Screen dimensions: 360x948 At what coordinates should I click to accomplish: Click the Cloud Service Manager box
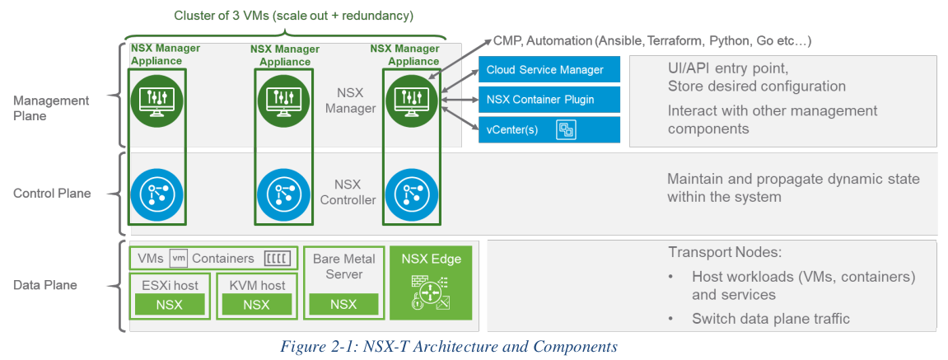point(549,70)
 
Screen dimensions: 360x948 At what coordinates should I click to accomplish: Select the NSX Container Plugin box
point(549,101)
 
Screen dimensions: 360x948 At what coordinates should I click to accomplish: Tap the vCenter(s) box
point(549,129)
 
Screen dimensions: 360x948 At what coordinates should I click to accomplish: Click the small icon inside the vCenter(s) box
point(567,129)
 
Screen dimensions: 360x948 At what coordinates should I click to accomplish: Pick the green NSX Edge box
point(431,282)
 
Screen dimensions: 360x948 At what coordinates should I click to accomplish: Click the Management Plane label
point(51,108)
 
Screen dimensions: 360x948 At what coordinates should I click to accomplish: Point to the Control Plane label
point(52,194)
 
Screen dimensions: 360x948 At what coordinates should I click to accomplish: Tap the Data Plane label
point(45,285)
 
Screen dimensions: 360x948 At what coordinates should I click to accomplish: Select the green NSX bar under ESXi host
point(170,304)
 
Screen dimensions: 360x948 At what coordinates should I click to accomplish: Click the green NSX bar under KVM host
point(256,304)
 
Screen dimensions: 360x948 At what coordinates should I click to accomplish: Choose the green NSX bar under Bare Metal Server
point(343,304)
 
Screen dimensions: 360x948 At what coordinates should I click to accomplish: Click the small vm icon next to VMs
point(179,258)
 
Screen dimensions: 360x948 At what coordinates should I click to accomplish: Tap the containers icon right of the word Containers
point(277,258)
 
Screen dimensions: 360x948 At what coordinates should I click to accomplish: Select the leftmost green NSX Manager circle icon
point(156,100)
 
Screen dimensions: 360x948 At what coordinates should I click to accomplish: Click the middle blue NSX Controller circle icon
point(283,193)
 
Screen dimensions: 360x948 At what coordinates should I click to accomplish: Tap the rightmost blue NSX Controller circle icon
point(410,193)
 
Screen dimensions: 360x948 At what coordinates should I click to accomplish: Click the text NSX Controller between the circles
point(347,192)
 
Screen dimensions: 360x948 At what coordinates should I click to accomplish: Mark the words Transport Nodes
point(714,253)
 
